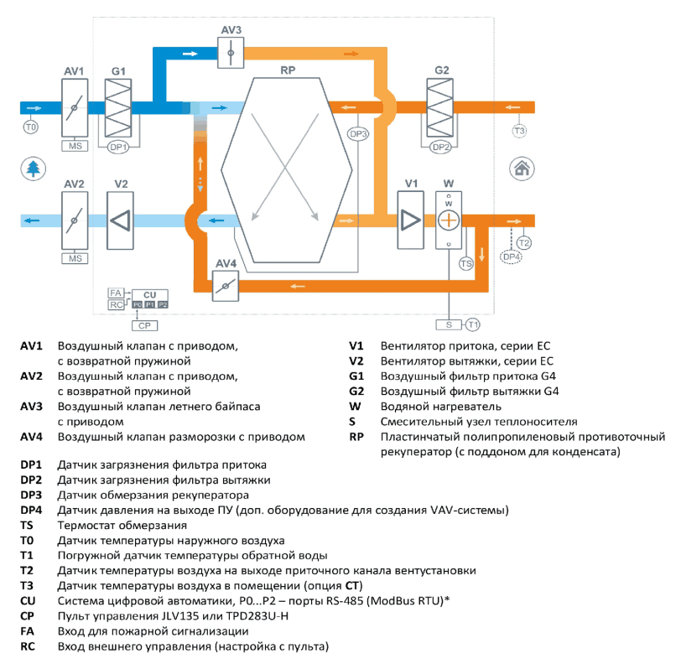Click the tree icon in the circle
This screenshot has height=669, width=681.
[x=33, y=169]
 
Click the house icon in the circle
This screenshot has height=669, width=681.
[x=522, y=169]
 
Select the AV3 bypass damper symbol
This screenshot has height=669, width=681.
[x=231, y=53]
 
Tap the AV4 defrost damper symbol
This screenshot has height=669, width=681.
[x=226, y=286]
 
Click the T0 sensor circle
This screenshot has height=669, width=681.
[x=30, y=127]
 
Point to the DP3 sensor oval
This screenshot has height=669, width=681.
[x=358, y=134]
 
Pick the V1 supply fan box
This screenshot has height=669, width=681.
[x=410, y=220]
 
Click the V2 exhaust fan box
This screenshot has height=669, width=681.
[x=120, y=220]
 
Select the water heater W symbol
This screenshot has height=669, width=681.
[x=449, y=220]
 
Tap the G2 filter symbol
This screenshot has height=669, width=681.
[x=440, y=107]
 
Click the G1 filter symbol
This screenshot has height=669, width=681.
[x=118, y=107]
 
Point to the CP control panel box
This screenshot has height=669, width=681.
[x=144, y=325]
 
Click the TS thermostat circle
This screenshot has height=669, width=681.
[x=466, y=263]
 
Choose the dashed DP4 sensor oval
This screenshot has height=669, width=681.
[x=512, y=257]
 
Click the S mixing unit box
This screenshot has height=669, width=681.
[x=449, y=324]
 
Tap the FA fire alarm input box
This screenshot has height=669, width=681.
[x=116, y=293]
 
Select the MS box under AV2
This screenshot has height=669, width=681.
[x=75, y=258]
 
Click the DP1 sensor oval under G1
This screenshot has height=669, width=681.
[x=118, y=148]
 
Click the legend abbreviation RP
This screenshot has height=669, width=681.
[x=356, y=437]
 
